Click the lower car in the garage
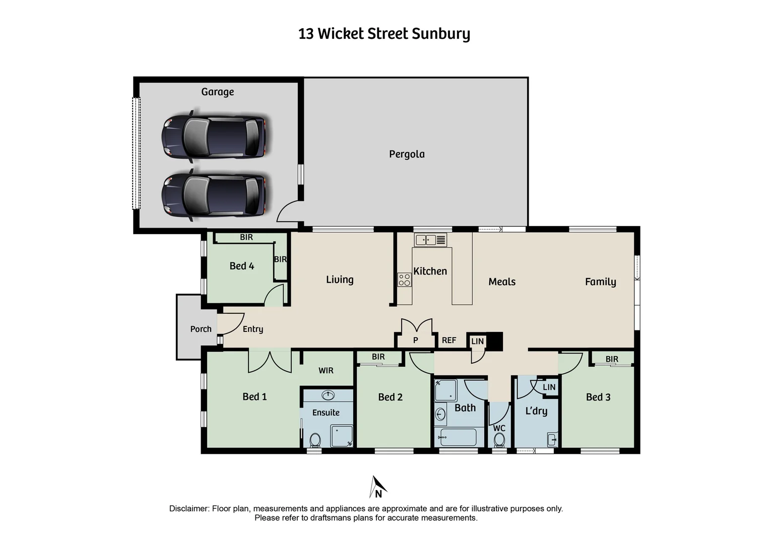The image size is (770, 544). (x=214, y=194)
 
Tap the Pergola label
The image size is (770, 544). (x=407, y=154)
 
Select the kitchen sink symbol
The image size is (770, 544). (x=430, y=240)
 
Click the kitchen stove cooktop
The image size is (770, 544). (x=404, y=280)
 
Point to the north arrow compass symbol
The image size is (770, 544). (x=378, y=487)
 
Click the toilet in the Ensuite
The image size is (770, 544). (x=315, y=440)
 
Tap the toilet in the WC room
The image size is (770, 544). (x=499, y=440)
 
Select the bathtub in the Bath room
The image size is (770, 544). (x=458, y=437)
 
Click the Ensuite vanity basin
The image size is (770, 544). (x=328, y=395)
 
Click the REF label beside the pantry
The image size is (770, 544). (x=448, y=340)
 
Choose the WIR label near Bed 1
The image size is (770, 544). (x=326, y=370)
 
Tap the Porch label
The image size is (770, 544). (x=201, y=329)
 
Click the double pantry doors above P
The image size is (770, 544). (x=416, y=326)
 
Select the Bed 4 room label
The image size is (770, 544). (x=241, y=266)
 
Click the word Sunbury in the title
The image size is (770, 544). (x=441, y=34)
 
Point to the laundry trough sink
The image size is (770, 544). (x=552, y=439)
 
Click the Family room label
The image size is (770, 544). (x=600, y=282)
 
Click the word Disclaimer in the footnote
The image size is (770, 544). (x=189, y=509)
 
